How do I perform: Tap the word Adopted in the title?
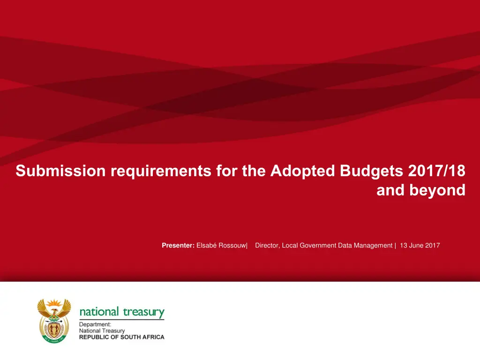coord(303,172)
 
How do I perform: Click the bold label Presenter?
coord(178,245)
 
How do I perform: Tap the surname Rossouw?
coord(232,245)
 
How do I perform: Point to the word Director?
coord(267,245)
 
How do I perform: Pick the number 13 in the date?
coord(404,245)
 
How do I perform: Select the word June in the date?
coord(416,245)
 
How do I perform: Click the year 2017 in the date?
coord(433,245)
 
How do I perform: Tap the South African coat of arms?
coord(54,321)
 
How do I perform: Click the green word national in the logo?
coord(99,312)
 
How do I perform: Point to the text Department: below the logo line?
coord(95,324)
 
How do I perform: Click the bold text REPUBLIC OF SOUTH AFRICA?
coord(122,337)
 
